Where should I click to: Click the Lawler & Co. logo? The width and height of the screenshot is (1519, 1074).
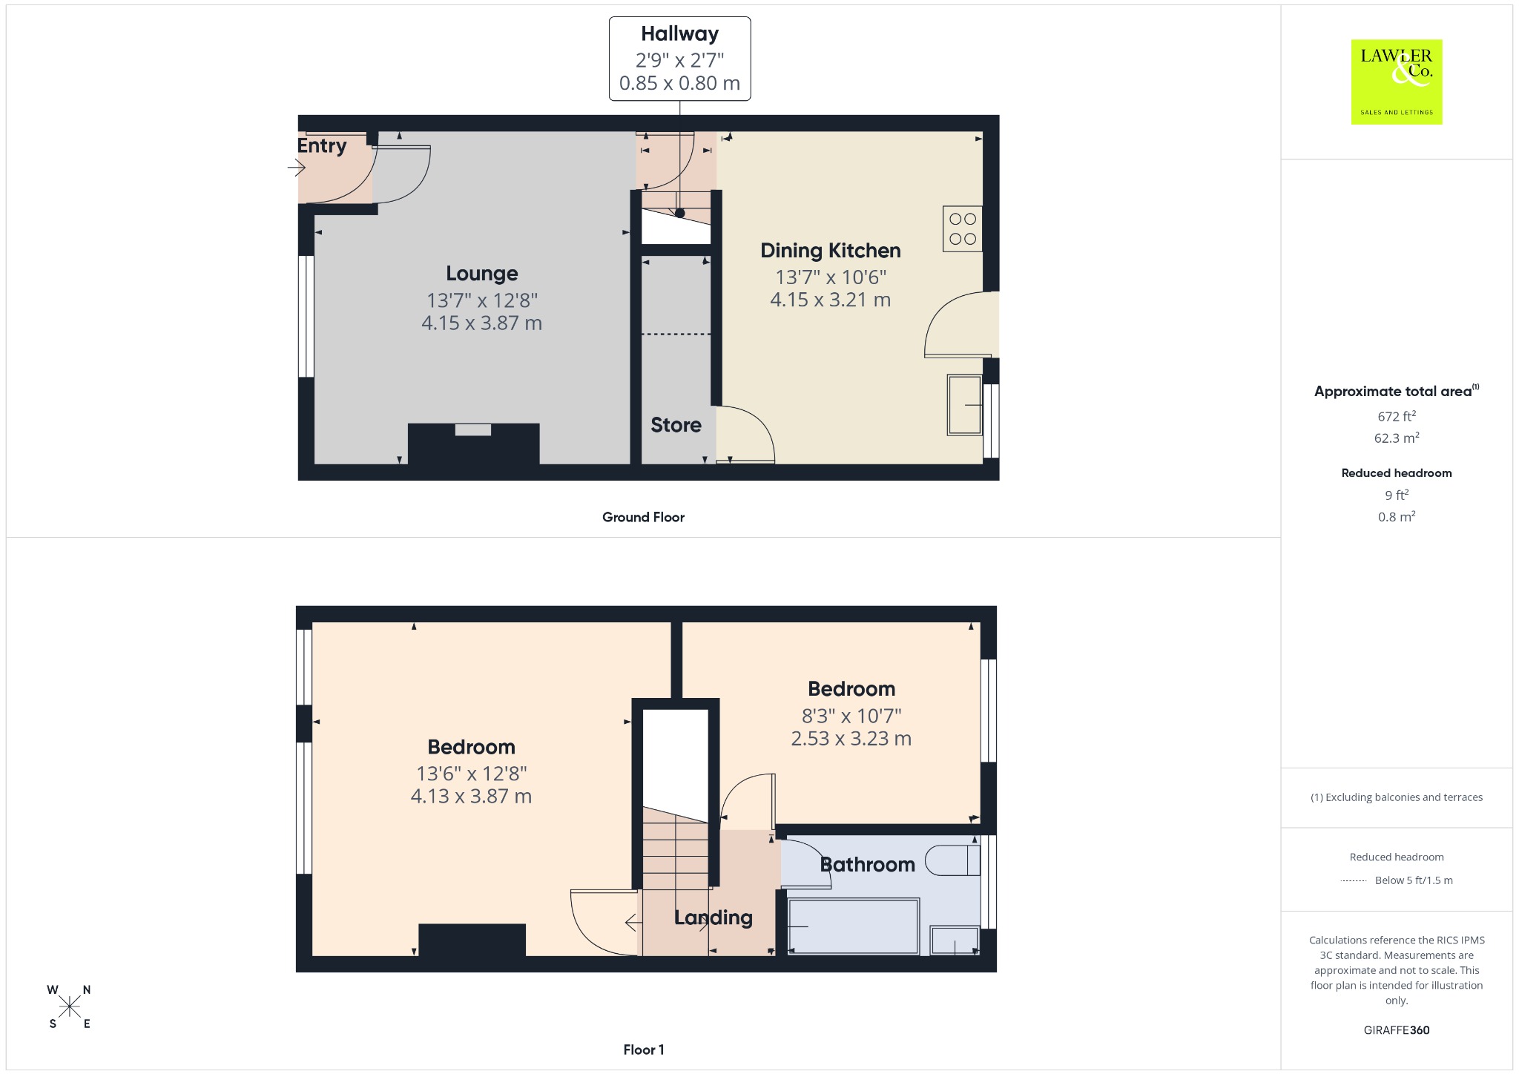click(x=1396, y=82)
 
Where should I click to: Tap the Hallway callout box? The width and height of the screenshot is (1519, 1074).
click(x=679, y=59)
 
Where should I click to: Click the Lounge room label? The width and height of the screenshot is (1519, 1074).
click(x=482, y=274)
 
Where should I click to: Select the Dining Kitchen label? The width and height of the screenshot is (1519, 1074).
click(x=831, y=251)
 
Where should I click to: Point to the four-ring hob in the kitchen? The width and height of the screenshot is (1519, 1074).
click(x=963, y=228)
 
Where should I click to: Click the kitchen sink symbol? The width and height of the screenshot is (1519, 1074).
click(x=965, y=405)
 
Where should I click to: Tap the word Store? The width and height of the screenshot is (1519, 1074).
click(x=676, y=425)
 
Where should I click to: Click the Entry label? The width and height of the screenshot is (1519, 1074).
click(x=322, y=146)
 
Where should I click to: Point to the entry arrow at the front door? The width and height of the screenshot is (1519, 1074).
click(x=297, y=168)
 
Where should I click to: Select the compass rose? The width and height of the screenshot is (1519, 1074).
click(x=69, y=1007)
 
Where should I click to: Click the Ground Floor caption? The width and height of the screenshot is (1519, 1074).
click(x=643, y=517)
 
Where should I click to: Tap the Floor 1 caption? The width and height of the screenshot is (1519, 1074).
click(x=644, y=1050)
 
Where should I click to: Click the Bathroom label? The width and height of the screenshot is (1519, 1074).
click(x=868, y=865)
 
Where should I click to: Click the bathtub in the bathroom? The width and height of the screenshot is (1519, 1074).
click(x=853, y=926)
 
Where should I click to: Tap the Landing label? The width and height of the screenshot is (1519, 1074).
click(x=714, y=918)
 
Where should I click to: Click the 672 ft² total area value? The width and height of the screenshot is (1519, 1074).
click(x=1397, y=416)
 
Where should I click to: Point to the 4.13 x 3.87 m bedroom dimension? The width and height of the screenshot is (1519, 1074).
click(x=471, y=797)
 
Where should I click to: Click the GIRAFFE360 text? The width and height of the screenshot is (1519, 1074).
click(x=1397, y=1030)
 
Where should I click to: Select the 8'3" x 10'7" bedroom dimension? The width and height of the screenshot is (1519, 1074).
click(x=851, y=716)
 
